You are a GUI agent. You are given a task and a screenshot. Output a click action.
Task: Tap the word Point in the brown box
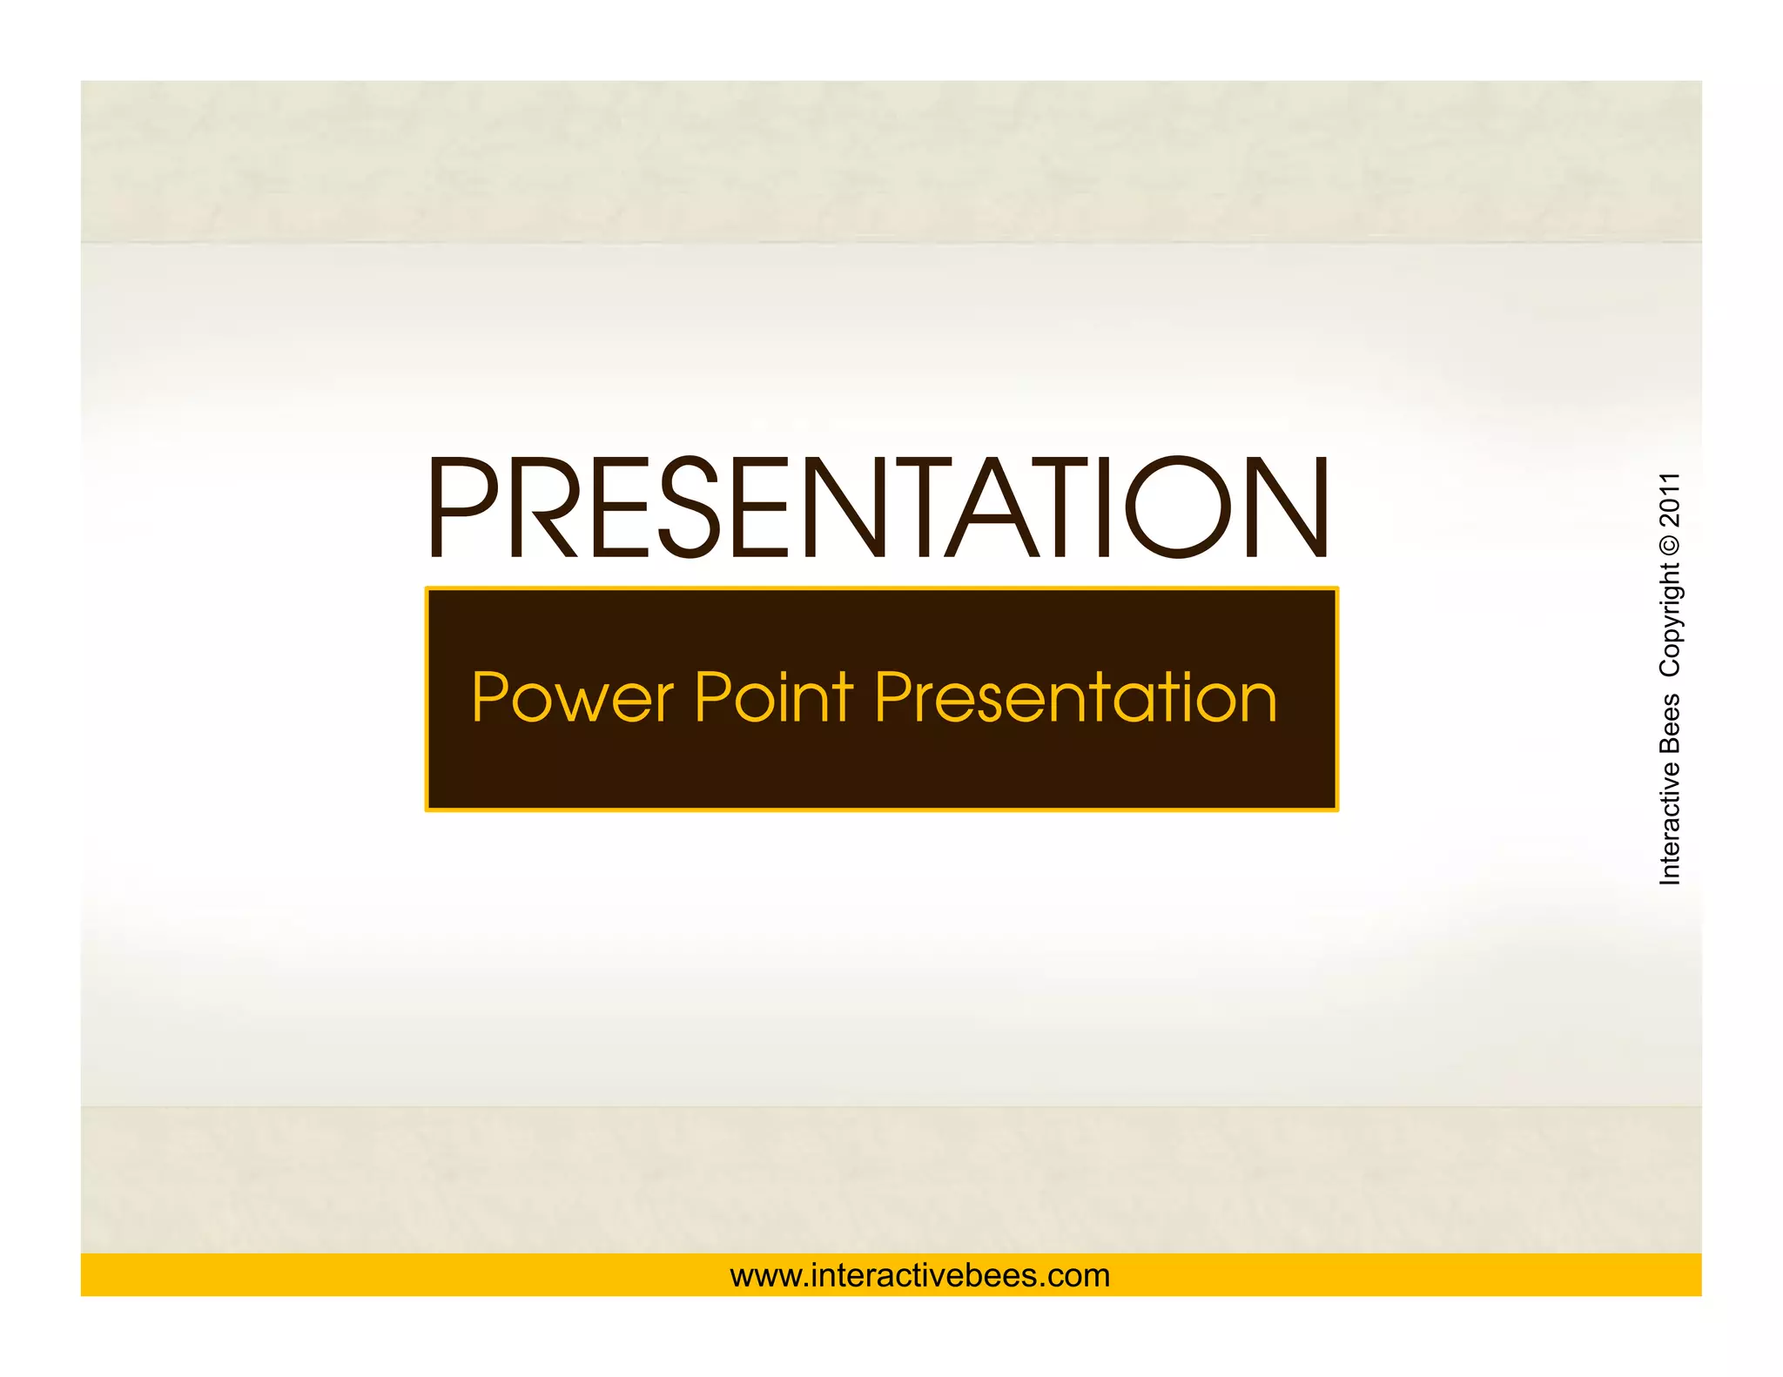click(774, 697)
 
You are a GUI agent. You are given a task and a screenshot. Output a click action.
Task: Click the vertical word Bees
click(1669, 724)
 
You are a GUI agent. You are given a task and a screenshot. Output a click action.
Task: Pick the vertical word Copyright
click(1669, 620)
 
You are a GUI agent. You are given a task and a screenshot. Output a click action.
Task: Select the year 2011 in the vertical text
click(1669, 500)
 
